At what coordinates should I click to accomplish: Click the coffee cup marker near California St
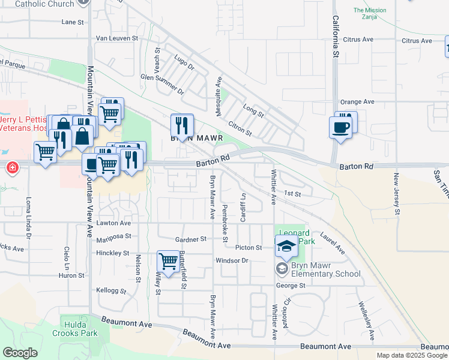[341, 128]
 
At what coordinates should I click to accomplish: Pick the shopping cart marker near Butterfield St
[168, 261]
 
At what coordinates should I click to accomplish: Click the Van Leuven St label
[118, 38]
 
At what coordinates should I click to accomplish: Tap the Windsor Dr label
[232, 260]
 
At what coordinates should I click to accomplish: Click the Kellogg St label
[111, 290]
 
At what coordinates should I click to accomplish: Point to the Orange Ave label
[357, 102]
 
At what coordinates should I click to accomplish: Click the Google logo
[20, 353]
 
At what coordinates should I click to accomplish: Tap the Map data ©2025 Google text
[412, 355]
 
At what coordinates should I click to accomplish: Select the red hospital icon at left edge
[11, 167]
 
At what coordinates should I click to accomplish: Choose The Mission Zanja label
[370, 13]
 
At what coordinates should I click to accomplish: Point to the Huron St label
[72, 275]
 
